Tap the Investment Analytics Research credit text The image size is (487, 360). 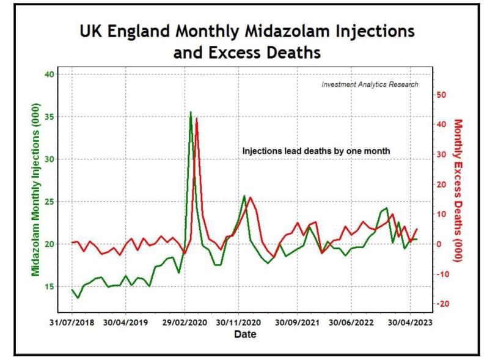(370, 84)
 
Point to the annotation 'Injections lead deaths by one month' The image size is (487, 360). (316, 150)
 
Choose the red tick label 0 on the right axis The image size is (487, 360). (441, 244)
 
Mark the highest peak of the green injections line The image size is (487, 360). (191, 112)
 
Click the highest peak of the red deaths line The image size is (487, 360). (197, 119)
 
